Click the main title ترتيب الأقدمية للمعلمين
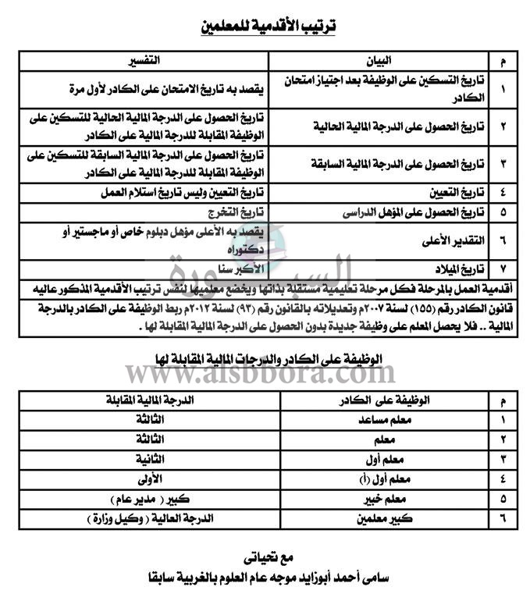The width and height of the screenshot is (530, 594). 265,27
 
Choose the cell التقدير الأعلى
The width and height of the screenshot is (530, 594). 444,240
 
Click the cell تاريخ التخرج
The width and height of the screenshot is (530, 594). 233,212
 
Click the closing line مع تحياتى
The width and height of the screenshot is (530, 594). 265,559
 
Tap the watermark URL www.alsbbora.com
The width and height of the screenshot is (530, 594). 265,376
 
